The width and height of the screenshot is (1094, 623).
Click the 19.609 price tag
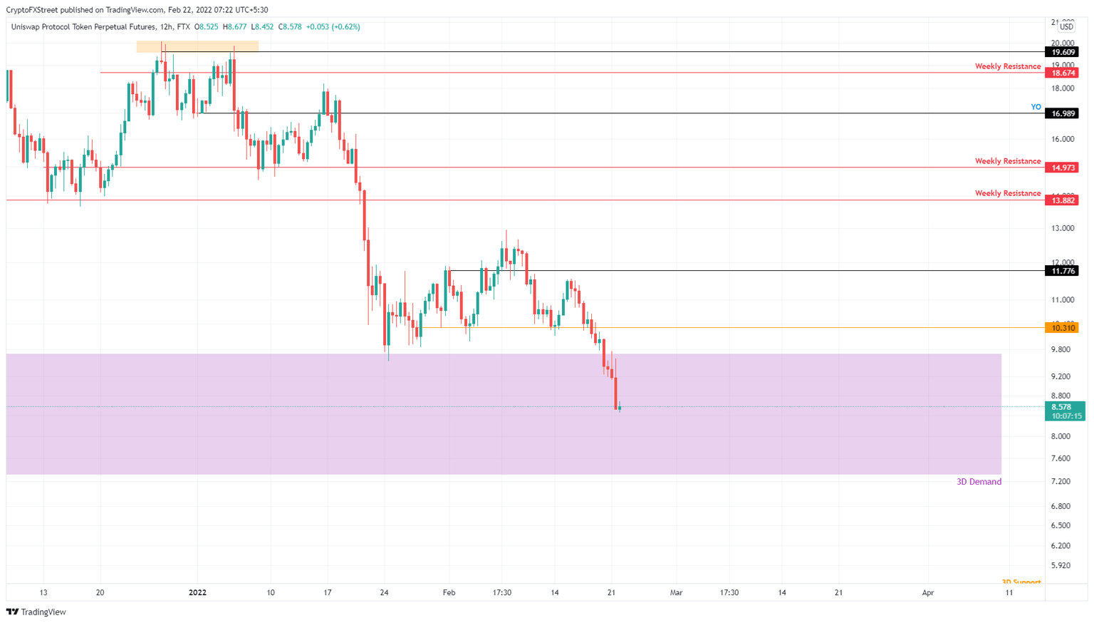tap(1063, 52)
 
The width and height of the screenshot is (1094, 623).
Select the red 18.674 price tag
tap(1063, 73)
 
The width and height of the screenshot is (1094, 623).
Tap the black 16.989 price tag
tap(1063, 113)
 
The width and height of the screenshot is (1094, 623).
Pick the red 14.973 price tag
tap(1063, 168)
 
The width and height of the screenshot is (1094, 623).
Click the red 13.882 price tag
tap(1063, 200)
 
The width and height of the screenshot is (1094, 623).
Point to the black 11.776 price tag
tap(1063, 271)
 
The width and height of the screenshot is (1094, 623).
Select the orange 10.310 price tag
tap(1063, 328)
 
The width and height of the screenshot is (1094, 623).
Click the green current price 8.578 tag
tap(1063, 407)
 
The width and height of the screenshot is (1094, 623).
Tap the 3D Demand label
tap(979, 482)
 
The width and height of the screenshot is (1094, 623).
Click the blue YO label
tap(1036, 107)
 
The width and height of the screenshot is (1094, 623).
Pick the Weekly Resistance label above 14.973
tap(1007, 161)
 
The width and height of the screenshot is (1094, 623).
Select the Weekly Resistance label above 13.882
tap(1007, 193)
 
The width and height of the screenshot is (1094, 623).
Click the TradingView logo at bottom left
tap(36, 612)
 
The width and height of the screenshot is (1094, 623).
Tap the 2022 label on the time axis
tap(197, 592)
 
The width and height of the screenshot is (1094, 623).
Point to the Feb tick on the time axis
tap(449, 592)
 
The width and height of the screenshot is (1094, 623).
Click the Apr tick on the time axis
tap(928, 592)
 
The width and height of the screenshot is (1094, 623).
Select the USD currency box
tap(1066, 27)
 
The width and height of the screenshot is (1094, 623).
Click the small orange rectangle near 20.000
tap(197, 46)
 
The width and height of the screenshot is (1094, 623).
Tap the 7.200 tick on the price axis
tap(1061, 482)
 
